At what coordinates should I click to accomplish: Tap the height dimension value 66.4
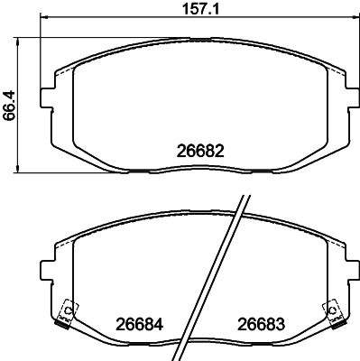pyautogui.click(x=9, y=105)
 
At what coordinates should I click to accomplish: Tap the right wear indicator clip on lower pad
pyautogui.click(x=335, y=313)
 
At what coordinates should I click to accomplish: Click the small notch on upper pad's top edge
pyautogui.click(x=214, y=41)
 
